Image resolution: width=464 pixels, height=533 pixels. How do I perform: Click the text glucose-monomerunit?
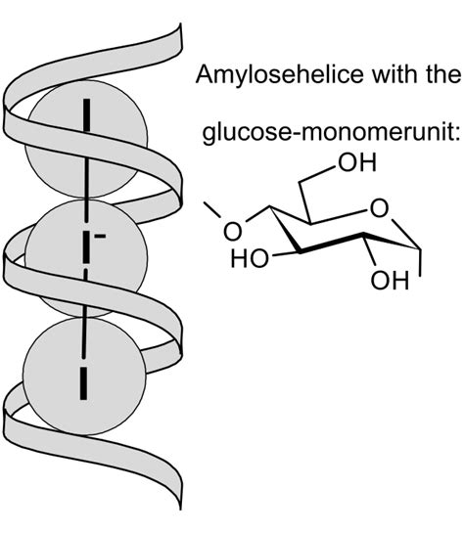[332, 134]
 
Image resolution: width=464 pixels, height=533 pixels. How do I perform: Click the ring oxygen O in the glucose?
[379, 208]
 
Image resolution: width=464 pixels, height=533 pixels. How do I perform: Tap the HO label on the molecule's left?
[250, 258]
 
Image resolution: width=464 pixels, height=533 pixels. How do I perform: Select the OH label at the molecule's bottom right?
[390, 281]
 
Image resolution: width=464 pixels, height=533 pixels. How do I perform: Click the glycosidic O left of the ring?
[233, 232]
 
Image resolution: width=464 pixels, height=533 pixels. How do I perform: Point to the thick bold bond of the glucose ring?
[332, 243]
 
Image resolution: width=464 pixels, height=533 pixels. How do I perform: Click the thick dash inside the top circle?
[87, 114]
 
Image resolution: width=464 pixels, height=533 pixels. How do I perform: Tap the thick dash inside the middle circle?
[87, 246]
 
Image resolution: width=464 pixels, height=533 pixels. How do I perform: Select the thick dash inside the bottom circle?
[83, 382]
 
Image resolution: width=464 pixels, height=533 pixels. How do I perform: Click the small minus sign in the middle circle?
[100, 236]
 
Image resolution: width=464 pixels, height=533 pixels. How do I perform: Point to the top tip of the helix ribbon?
[180, 23]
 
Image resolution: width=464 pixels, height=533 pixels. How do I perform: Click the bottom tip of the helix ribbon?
[180, 510]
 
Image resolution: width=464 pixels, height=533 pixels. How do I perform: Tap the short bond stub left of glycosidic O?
[211, 209]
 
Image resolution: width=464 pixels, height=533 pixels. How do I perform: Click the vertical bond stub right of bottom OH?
[421, 263]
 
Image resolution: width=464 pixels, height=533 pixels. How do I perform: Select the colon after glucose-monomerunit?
[459, 134]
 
